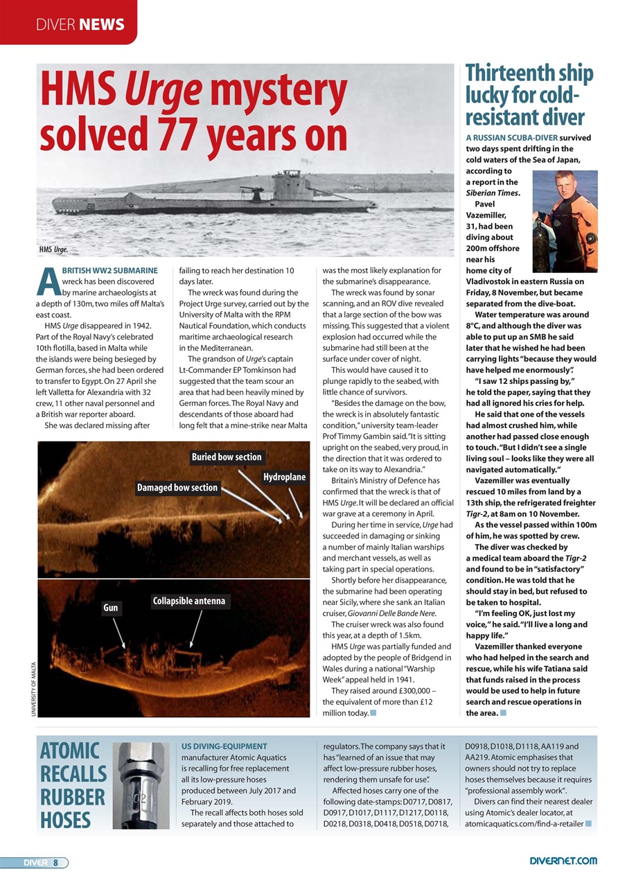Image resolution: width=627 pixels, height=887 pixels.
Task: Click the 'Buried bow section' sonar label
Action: (x=227, y=457)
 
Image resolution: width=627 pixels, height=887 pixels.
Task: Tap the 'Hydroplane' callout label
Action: (x=284, y=477)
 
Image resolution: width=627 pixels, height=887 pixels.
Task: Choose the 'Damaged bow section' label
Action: (x=177, y=488)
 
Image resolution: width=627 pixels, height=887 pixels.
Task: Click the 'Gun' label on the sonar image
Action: (x=111, y=608)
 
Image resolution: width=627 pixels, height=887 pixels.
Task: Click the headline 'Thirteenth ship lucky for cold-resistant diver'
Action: (x=529, y=94)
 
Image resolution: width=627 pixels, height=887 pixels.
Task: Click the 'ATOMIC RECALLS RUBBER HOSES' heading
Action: (x=73, y=785)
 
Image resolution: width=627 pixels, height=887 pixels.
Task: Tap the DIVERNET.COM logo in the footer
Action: (x=563, y=861)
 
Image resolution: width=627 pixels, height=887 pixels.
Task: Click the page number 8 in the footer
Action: (x=56, y=862)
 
